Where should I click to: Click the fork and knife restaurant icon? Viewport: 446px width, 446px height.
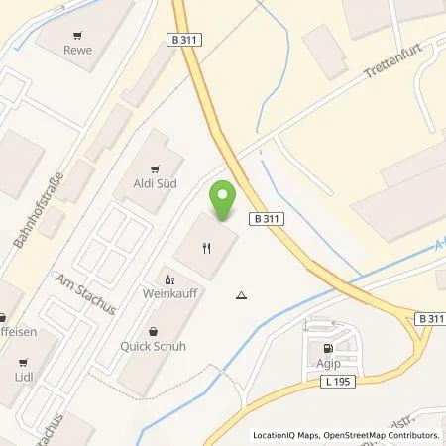pyautogui.click(x=205, y=249)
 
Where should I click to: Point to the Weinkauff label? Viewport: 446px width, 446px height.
pyautogui.click(x=167, y=295)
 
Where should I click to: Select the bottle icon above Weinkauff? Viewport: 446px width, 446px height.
pyautogui.click(x=167, y=279)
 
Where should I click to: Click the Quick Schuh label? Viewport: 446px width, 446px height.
pyautogui.click(x=154, y=347)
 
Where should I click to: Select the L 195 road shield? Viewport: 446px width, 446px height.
pyautogui.click(x=339, y=382)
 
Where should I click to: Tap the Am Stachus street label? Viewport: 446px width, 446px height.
pyautogui.click(x=86, y=294)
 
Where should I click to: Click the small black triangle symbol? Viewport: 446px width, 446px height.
pyautogui.click(x=242, y=295)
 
